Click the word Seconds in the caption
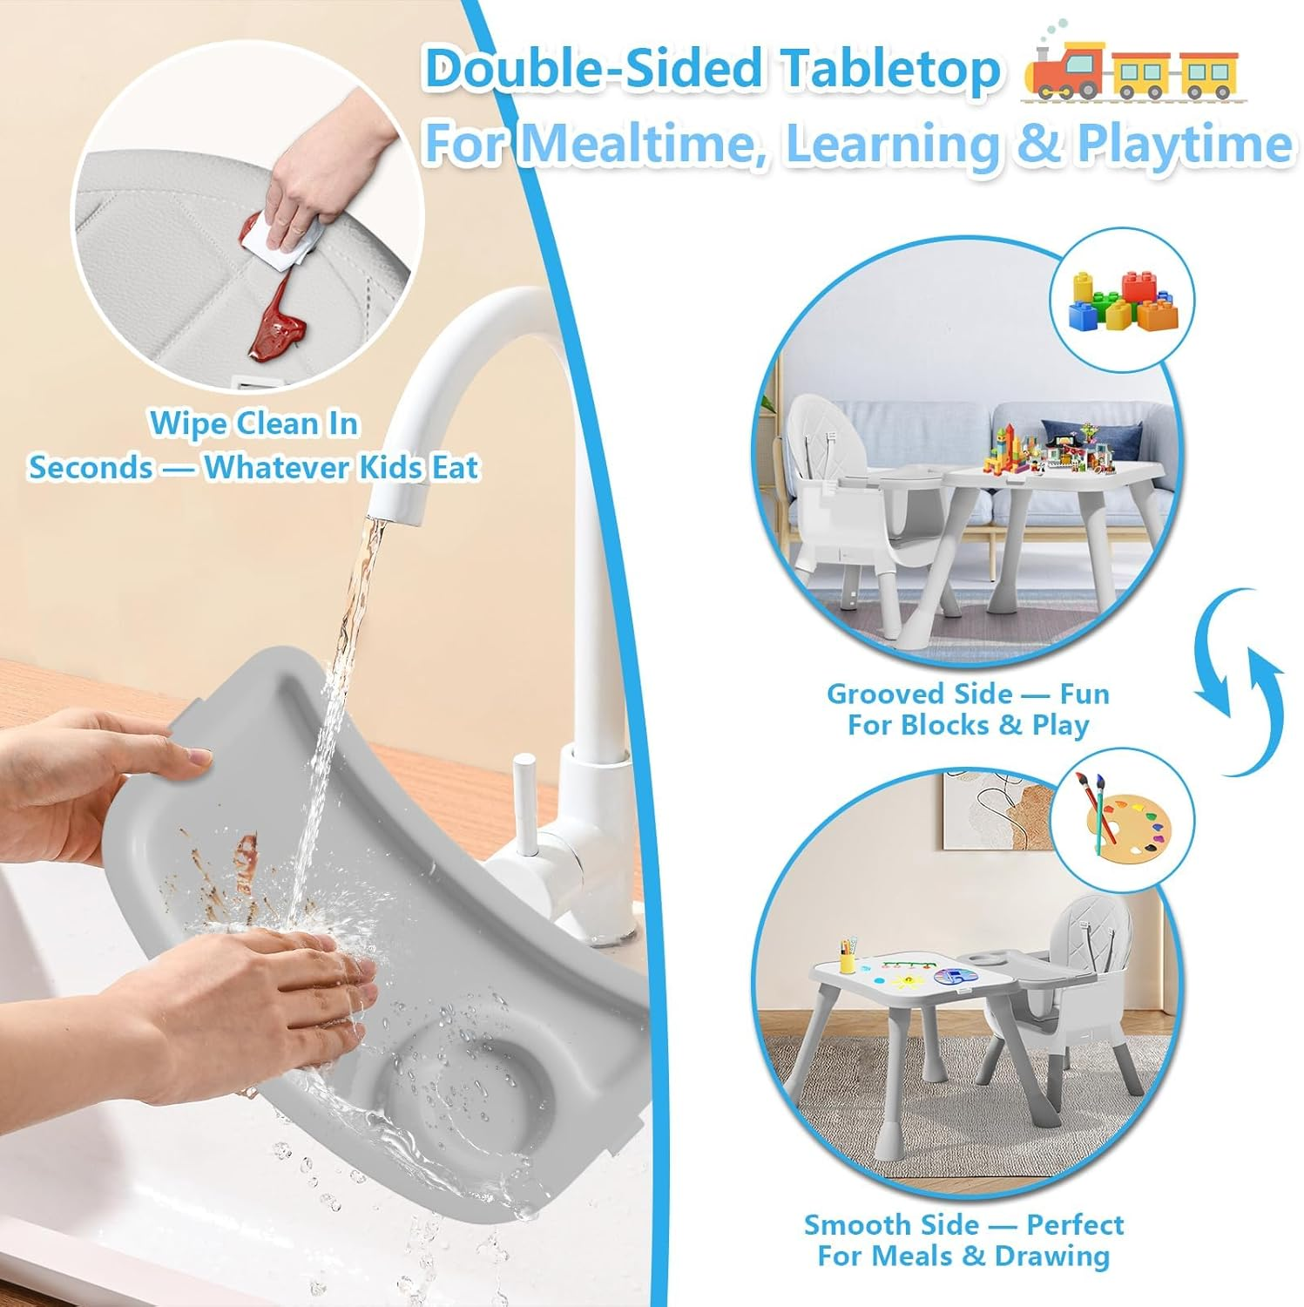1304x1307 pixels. point(90,468)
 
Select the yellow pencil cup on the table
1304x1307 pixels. point(847,959)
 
